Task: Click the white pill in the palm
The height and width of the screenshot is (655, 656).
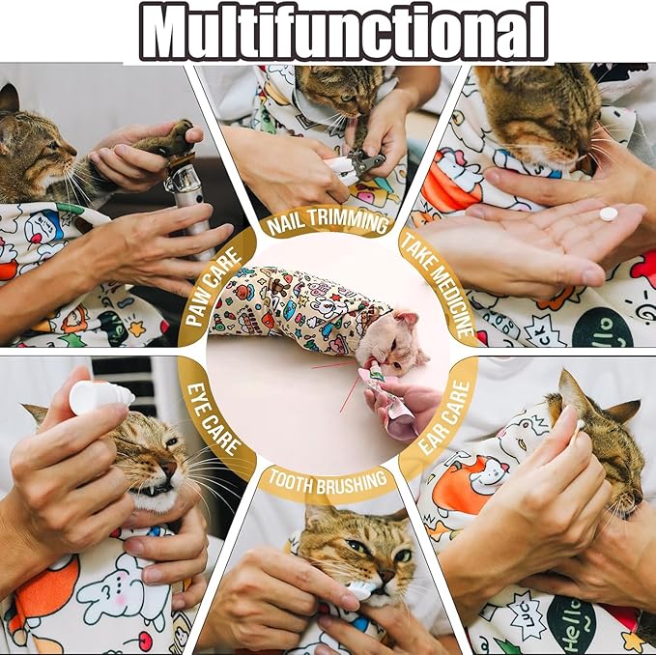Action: [608, 214]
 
